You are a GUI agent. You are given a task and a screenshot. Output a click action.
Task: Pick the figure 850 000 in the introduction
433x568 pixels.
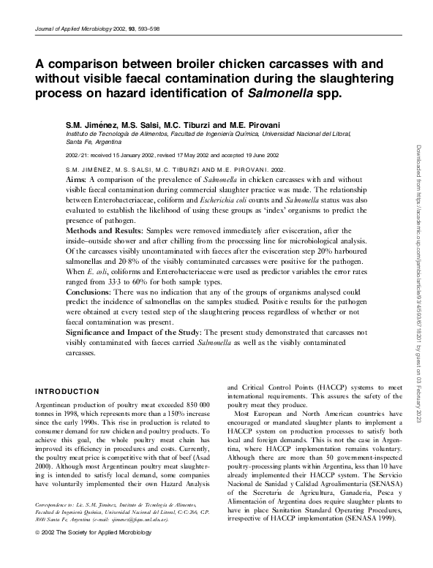pos(195,404)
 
